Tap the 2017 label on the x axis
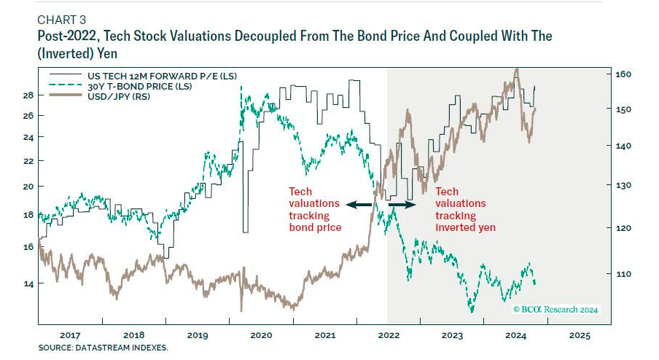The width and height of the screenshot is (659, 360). [70, 336]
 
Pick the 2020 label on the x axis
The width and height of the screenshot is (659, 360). [260, 336]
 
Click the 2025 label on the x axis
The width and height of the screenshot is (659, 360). [580, 336]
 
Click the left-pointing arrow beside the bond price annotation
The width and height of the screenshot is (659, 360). [356, 206]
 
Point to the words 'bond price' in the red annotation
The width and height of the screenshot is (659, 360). [316, 228]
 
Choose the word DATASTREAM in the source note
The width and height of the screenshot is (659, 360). [102, 348]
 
